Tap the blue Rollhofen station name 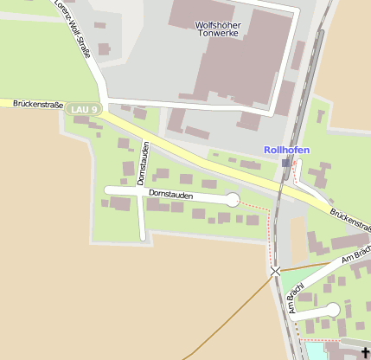point(286,150)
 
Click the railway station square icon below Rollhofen point(286,162)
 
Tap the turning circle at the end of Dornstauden point(232,200)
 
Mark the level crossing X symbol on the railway point(276,271)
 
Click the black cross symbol point(365,350)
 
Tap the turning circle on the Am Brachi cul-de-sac point(332,310)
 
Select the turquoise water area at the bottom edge point(323,351)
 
